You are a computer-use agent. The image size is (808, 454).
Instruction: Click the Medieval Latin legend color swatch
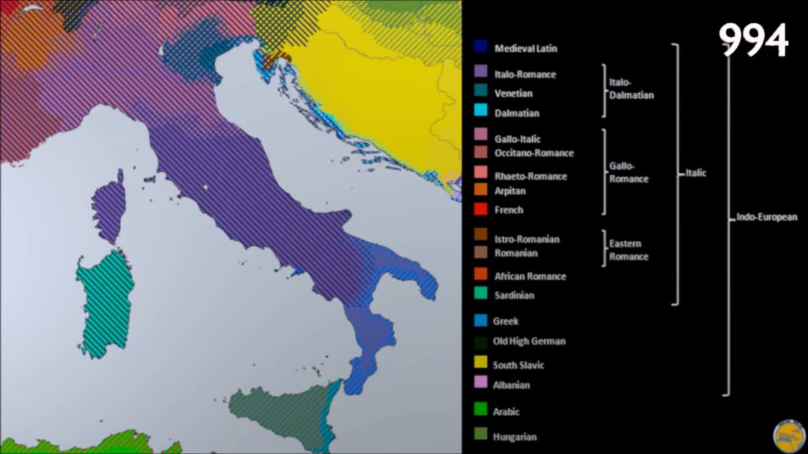(480, 47)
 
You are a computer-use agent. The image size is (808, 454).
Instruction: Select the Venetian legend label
(513, 93)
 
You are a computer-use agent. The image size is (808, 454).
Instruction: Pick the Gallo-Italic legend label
(518, 139)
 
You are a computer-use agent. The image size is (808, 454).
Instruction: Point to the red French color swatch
(480, 209)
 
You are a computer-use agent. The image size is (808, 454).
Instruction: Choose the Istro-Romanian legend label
(526, 239)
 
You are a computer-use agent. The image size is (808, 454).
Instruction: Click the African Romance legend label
(530, 276)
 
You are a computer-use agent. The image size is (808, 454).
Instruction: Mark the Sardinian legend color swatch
(480, 293)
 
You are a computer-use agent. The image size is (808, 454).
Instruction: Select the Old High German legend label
(529, 341)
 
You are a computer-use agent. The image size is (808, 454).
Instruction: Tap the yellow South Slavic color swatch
(480, 362)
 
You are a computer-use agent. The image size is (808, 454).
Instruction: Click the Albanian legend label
(511, 385)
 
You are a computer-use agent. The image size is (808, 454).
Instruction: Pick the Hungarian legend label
(514, 436)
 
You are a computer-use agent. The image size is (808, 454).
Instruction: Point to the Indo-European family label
(767, 217)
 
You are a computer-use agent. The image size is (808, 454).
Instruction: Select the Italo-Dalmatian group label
(631, 89)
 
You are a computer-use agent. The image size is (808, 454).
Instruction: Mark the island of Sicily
(284, 410)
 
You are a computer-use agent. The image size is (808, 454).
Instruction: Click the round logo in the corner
(788, 436)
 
